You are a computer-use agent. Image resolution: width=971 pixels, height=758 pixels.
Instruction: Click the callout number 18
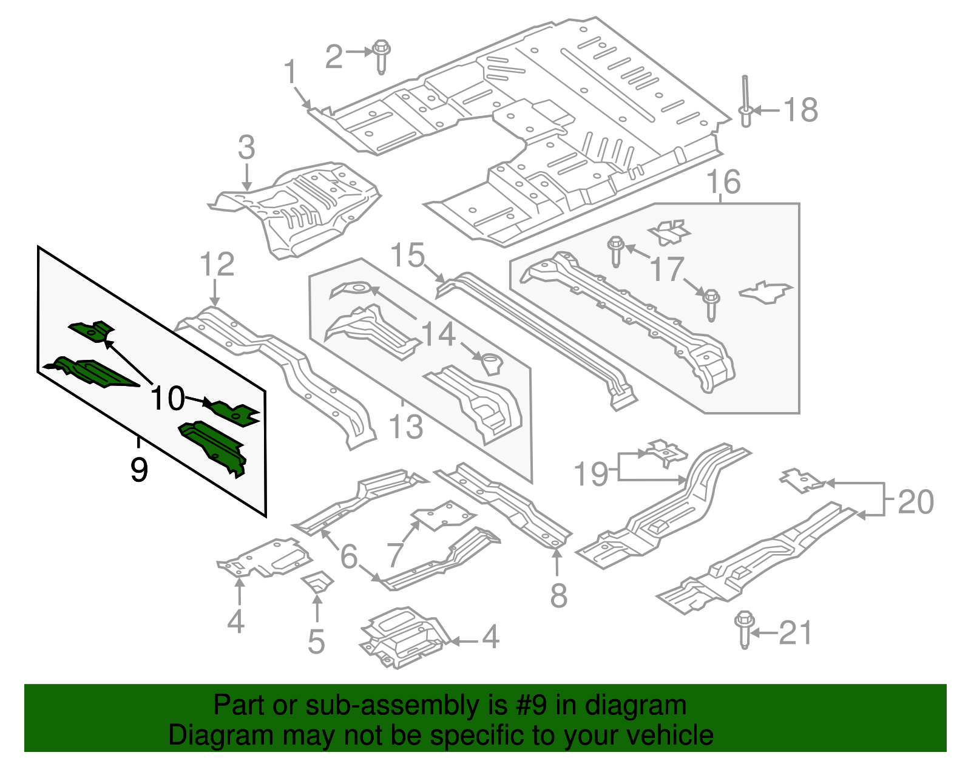[800, 110]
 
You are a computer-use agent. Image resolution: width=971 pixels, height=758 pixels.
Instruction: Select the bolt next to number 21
[744, 629]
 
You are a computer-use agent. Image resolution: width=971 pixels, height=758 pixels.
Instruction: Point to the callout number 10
[167, 399]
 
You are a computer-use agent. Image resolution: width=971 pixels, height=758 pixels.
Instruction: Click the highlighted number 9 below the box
[139, 470]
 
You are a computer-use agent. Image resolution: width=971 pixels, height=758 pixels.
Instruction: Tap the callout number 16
[723, 182]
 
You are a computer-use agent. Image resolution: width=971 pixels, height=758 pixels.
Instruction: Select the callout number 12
[217, 265]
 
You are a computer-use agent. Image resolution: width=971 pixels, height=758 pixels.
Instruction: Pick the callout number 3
[246, 147]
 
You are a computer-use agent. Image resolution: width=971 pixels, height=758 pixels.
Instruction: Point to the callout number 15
[407, 255]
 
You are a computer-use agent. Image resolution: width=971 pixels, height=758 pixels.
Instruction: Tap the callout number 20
[915, 502]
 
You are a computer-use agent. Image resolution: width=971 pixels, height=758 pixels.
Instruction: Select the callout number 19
[590, 474]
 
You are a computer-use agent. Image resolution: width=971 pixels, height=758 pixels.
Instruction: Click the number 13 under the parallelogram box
[405, 427]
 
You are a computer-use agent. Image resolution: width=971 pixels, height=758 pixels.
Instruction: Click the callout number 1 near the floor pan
[291, 72]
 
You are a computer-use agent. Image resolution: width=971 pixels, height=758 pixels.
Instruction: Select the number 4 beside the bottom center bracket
[490, 637]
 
